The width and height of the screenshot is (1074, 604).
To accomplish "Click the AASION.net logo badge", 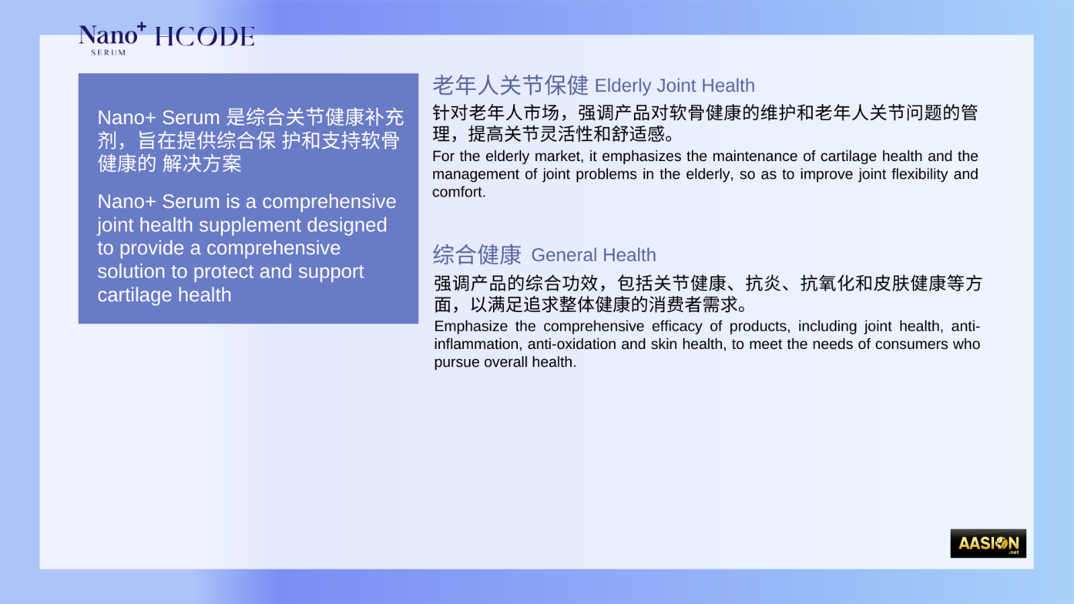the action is [x=988, y=543].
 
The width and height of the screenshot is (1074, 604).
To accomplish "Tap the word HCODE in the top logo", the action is [x=205, y=37].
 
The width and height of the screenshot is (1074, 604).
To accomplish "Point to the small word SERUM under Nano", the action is [x=108, y=53].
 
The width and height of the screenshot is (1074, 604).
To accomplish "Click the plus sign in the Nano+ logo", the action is [x=141, y=27].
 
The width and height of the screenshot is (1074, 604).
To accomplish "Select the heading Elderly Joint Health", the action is [x=674, y=86].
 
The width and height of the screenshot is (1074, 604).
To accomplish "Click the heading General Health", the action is [x=594, y=255].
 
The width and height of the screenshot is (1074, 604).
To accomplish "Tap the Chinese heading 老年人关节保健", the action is [x=510, y=85].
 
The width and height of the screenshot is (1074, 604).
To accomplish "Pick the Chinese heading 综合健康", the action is [x=477, y=254].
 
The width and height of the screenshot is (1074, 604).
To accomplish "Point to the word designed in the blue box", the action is [x=347, y=225].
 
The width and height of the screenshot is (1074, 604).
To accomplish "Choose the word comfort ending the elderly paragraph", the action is [x=459, y=192].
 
